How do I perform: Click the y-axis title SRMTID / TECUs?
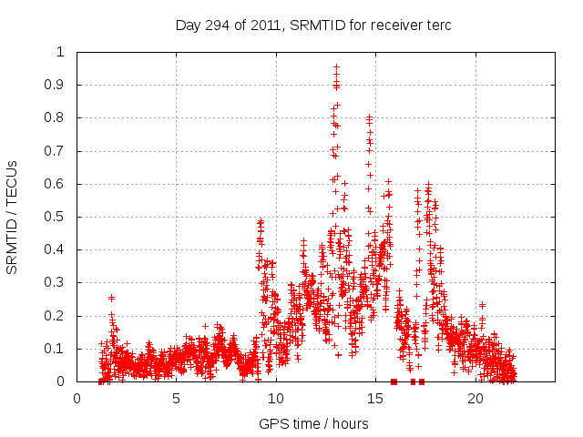point(12,217)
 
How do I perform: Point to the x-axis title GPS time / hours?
point(313,423)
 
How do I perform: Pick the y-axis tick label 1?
point(61,52)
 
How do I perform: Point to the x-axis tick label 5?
point(176,399)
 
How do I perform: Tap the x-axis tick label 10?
point(276,399)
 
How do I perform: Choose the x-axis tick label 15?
point(375,399)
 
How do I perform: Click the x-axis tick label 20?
point(476,399)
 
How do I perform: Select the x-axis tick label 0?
point(77,399)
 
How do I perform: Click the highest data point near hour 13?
point(336,66)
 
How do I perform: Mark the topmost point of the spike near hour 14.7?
point(369,117)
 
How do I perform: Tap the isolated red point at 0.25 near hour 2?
point(111,298)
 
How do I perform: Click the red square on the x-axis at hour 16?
point(394,381)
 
